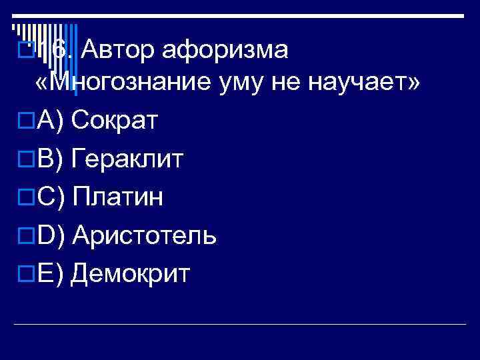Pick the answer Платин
click(117, 197)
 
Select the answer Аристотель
click(144, 235)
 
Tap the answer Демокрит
click(130, 273)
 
